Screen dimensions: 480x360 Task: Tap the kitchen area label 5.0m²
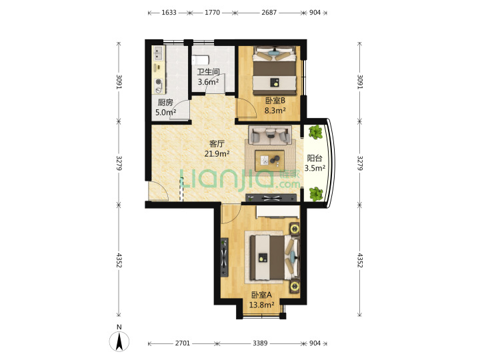pos(165,113)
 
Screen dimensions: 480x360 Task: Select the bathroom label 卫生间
pos(208,72)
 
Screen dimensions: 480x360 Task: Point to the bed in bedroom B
pos(275,71)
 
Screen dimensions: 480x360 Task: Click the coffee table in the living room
pos(269,160)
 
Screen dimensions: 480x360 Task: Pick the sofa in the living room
pos(270,135)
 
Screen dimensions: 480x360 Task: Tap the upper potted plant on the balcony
pos(315,132)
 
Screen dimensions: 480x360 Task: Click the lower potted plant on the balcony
pos(316,195)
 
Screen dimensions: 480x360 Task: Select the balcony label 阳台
pos(315,158)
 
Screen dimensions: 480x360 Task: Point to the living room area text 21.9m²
pos(217,154)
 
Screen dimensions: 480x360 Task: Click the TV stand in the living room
pos(271,198)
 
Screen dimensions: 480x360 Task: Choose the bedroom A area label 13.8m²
pos(261,305)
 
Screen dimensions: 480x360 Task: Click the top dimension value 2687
pos(269,13)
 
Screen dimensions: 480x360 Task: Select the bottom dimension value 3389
pos(260,343)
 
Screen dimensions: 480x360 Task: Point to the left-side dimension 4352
pos(119,260)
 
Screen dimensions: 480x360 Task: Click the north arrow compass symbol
pos(119,341)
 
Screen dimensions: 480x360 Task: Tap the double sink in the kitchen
pos(158,53)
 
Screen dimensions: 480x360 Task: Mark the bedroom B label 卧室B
pos(275,101)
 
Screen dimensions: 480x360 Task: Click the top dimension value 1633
pos(169,13)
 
